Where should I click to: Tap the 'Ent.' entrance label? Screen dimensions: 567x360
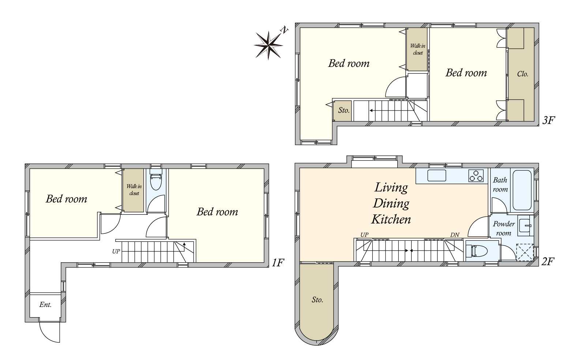tap(46, 304)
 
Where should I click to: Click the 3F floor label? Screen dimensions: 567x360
tap(548, 120)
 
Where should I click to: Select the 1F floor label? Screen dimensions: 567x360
tap(278, 263)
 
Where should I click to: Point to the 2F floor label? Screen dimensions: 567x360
tap(548, 261)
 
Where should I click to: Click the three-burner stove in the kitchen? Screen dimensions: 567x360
tap(476, 176)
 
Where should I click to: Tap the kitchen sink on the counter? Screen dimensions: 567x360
tap(437, 176)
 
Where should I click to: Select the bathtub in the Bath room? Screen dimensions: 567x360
tap(522, 190)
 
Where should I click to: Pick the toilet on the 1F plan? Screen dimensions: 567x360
tap(156, 180)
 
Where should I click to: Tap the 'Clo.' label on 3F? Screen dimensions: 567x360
tap(523, 74)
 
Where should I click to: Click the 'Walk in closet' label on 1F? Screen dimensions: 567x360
tap(134, 190)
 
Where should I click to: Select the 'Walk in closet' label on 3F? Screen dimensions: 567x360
tap(418, 49)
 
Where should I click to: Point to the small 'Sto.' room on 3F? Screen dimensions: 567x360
tap(342, 111)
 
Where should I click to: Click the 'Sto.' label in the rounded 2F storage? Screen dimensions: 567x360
tap(318, 300)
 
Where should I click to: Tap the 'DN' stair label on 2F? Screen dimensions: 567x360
tap(455, 235)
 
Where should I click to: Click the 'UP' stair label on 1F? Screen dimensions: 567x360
tap(116, 251)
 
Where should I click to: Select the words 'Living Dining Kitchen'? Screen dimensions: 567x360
tap(391, 203)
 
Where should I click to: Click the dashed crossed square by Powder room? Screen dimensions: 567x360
tap(525, 252)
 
